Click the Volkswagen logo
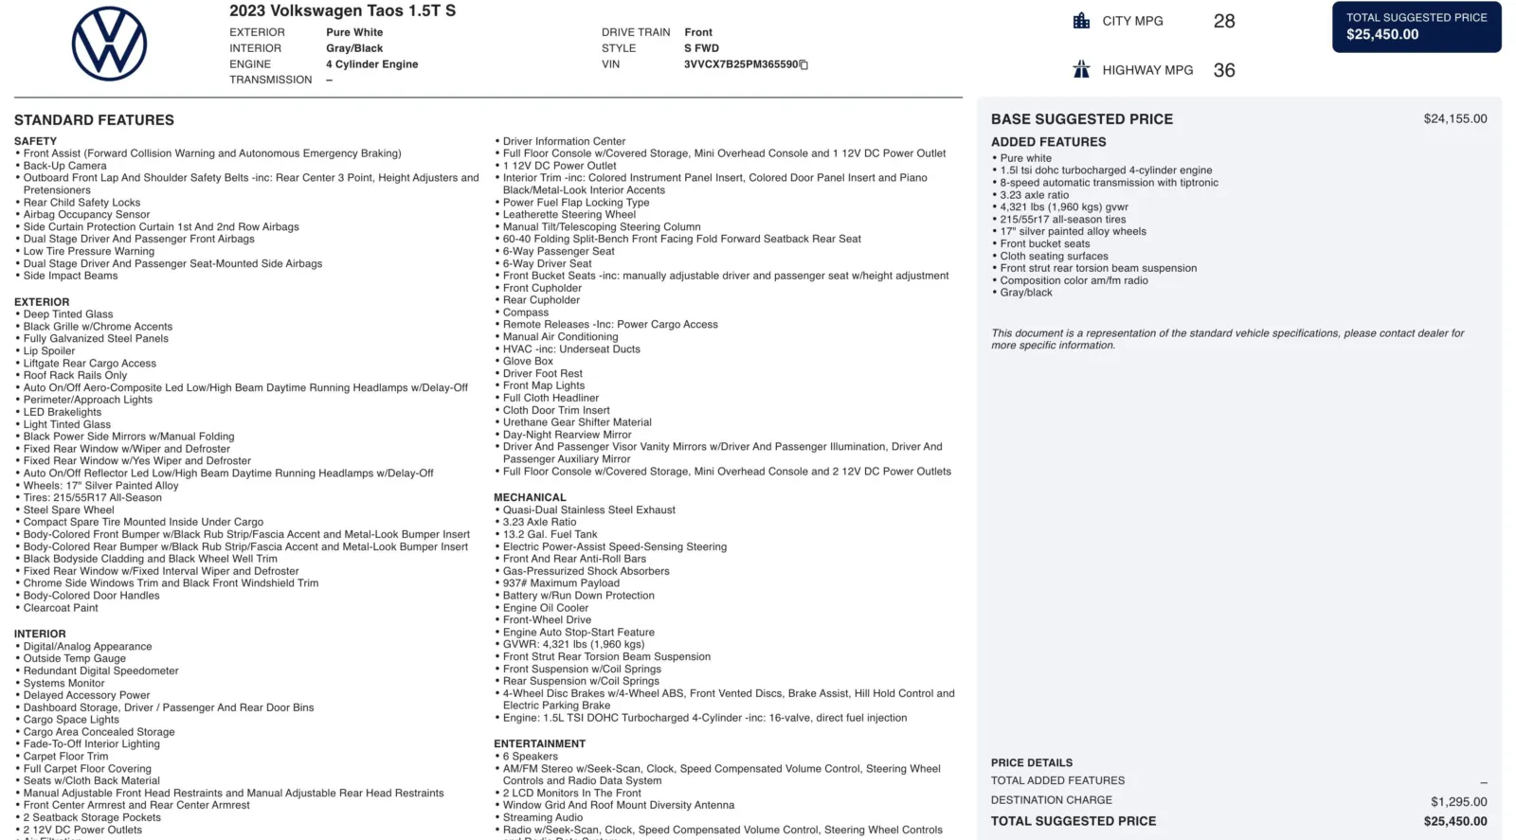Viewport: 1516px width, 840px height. (109, 44)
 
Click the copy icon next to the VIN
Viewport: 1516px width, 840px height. (804, 65)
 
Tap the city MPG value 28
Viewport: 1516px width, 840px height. (1224, 21)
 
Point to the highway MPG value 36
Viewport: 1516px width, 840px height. (1224, 70)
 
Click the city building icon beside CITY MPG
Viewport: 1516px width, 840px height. (1081, 21)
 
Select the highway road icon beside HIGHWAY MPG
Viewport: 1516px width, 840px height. (1081, 69)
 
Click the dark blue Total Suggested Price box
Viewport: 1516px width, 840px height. (1417, 27)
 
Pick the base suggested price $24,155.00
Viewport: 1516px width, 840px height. (1454, 119)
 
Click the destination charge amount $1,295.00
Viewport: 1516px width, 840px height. (1458, 802)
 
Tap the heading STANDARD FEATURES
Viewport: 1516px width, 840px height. (94, 120)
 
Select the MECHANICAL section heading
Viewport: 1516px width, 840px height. (530, 497)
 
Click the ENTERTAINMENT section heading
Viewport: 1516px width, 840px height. (539, 744)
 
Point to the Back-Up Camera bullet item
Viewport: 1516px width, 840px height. (64, 166)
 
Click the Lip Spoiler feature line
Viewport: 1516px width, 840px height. (49, 351)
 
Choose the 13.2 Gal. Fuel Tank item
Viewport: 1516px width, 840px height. (550, 534)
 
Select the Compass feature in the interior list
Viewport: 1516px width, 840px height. (526, 313)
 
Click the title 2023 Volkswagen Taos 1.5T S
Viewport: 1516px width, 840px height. (342, 11)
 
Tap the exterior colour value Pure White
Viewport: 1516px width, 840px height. (354, 32)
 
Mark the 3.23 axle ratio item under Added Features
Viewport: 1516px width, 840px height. (1034, 195)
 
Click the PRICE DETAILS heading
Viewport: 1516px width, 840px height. (1032, 763)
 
